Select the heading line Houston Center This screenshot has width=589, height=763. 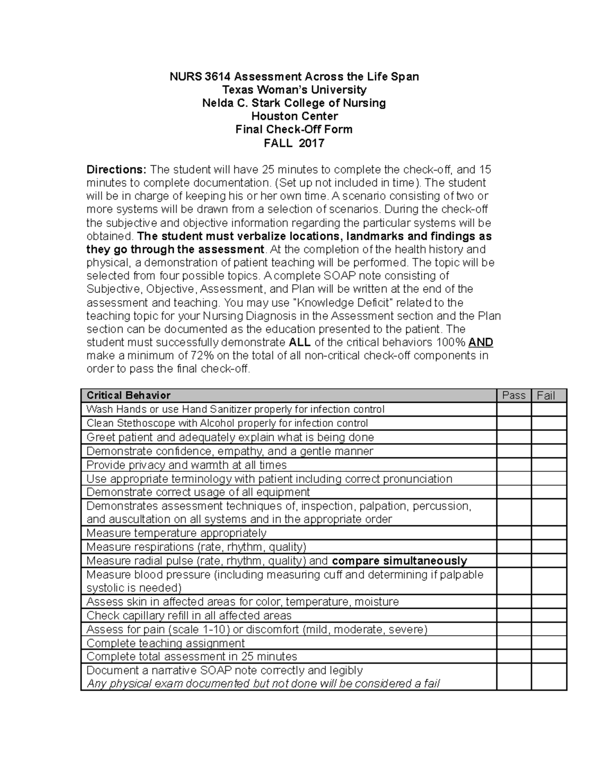(294, 116)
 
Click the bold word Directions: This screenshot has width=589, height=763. (116, 170)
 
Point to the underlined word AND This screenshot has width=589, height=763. (481, 342)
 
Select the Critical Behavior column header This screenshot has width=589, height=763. (129, 396)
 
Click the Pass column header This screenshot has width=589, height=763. (513, 396)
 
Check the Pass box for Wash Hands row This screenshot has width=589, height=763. (513, 409)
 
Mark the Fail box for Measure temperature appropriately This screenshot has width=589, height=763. (549, 533)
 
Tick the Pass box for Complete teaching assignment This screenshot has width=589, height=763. (513, 643)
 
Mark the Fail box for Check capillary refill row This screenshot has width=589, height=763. (549, 616)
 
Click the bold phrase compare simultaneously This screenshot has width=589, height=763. (400, 561)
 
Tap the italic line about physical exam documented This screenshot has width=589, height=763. (263, 683)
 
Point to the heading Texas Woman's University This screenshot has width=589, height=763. (294, 90)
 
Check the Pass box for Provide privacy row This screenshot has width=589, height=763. (513, 465)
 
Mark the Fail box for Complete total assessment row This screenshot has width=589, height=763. (549, 657)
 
